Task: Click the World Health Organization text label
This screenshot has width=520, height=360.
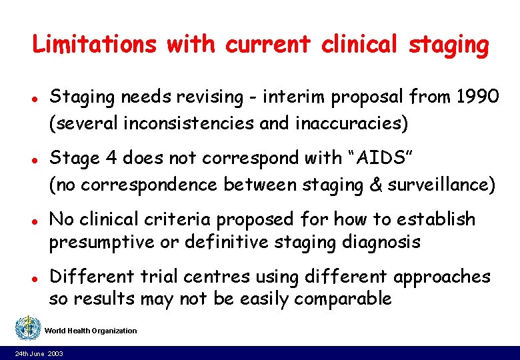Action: tap(91, 331)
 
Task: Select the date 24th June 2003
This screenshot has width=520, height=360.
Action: tap(39, 353)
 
